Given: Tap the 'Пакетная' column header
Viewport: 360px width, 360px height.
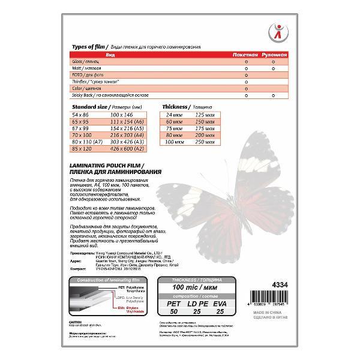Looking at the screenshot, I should [x=246, y=55].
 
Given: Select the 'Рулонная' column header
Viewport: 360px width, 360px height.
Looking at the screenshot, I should [x=275, y=55].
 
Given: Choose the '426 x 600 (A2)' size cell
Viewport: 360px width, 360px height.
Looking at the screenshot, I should [x=128, y=147].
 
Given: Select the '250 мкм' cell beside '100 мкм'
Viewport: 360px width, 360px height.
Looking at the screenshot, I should [x=205, y=140].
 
